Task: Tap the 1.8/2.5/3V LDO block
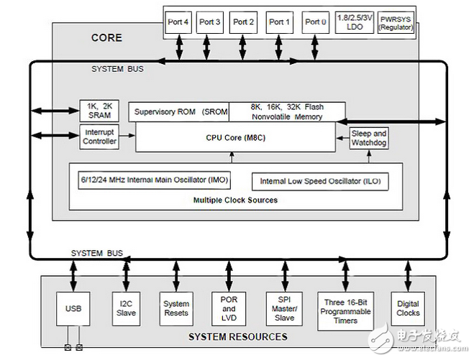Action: tap(354, 22)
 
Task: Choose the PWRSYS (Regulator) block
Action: tap(396, 22)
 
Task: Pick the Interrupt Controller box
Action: tap(99, 136)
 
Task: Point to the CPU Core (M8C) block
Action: tap(235, 137)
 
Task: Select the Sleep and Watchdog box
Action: tap(369, 137)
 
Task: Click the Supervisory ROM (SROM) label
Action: tap(179, 111)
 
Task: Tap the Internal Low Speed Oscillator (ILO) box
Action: tap(320, 182)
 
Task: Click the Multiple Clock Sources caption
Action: tap(235, 200)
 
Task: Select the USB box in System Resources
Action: tap(74, 308)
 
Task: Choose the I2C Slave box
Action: tap(127, 308)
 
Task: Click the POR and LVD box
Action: tap(229, 308)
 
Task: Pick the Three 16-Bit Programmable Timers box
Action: tap(345, 311)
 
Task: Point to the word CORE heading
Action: tap(106, 37)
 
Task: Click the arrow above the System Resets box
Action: tap(176, 274)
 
